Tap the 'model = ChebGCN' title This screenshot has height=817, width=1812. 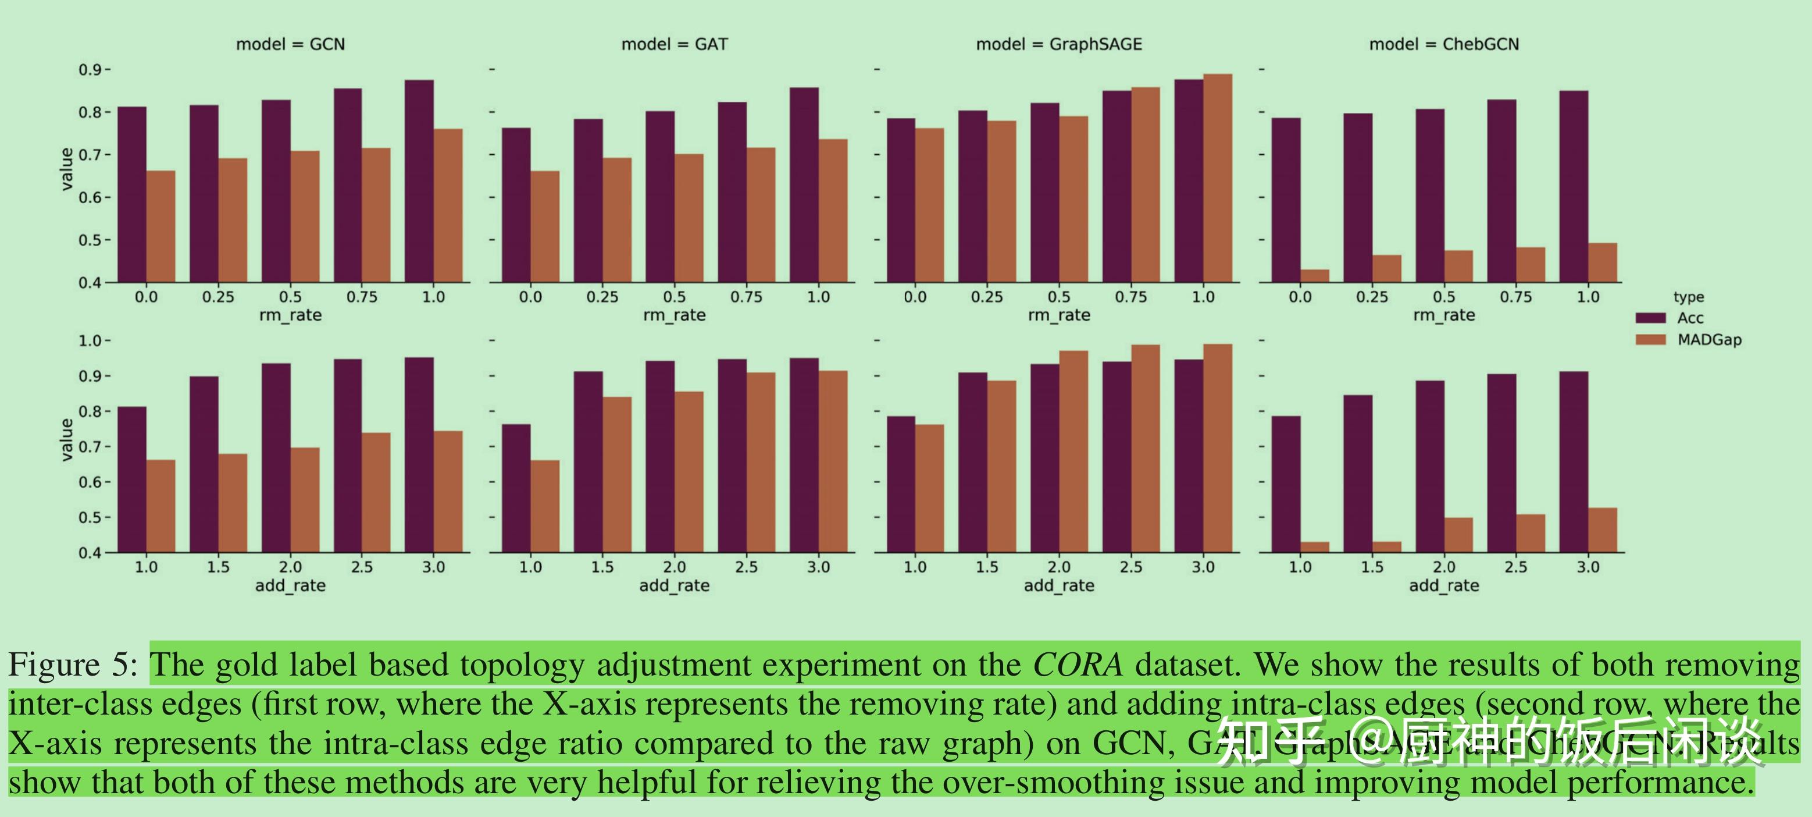pyautogui.click(x=1443, y=44)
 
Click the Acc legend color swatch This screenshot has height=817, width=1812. pyautogui.click(x=1650, y=318)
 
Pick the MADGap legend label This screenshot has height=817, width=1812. pyautogui.click(x=1708, y=340)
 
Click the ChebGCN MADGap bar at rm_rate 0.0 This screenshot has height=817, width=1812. pyautogui.click(x=1315, y=276)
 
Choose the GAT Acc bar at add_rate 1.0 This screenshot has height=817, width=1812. pyautogui.click(x=516, y=488)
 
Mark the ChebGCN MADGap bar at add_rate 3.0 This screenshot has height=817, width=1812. pyautogui.click(x=1603, y=530)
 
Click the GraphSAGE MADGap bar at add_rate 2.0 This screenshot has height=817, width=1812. pyautogui.click(x=1073, y=451)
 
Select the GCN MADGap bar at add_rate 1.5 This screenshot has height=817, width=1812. pyautogui.click(x=233, y=503)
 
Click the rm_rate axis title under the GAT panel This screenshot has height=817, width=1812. pyautogui.click(x=674, y=315)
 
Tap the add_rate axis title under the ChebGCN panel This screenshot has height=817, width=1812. pyautogui.click(x=1443, y=585)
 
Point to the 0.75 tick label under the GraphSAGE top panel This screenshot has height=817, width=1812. pyautogui.click(x=1130, y=297)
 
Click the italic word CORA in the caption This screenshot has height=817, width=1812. pyautogui.click(x=1077, y=665)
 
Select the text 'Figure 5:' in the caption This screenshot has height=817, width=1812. pyautogui.click(x=73, y=665)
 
